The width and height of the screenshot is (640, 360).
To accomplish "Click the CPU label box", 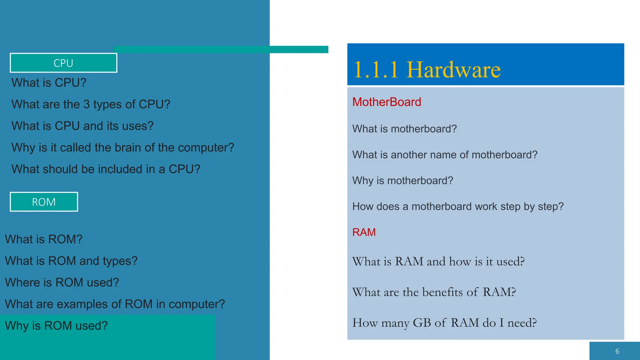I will click(63, 63).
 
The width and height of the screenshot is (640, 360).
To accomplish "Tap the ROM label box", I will click(44, 202).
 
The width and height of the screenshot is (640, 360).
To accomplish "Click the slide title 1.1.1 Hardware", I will click(427, 69).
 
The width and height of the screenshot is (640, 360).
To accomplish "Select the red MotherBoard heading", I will click(387, 102).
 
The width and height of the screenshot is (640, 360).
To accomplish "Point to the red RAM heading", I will click(364, 232).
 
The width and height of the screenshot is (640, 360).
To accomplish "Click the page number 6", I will click(617, 351).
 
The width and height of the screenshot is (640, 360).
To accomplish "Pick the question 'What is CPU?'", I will click(49, 83).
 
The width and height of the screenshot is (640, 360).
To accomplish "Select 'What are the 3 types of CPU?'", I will click(91, 104).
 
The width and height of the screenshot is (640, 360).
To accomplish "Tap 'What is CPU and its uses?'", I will click(82, 126).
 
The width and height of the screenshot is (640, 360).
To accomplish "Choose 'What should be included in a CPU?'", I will click(106, 169).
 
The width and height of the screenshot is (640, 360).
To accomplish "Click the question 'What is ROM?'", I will click(44, 239).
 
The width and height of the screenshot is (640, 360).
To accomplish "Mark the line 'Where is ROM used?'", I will click(62, 282).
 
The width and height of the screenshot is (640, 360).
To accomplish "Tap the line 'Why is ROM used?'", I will click(56, 326).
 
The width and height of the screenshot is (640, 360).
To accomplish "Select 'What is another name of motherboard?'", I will click(445, 155).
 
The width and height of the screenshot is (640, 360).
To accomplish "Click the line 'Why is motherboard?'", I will click(402, 181).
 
